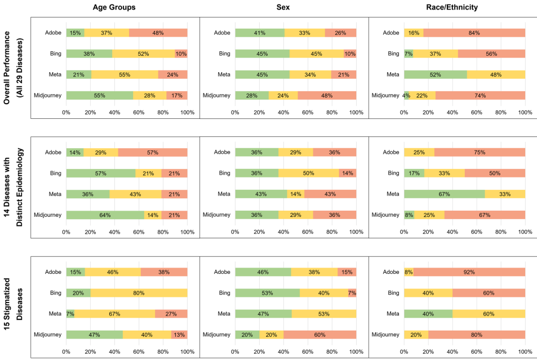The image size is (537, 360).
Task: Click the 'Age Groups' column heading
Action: pyautogui.click(x=114, y=7)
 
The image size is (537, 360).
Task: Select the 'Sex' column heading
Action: pyautogui.click(x=283, y=7)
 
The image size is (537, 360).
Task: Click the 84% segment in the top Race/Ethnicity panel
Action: pyautogui.click(x=474, y=33)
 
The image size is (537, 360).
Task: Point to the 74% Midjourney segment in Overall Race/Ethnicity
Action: pyautogui.click(x=480, y=95)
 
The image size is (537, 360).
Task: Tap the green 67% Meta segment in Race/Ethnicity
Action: pyautogui.click(x=444, y=194)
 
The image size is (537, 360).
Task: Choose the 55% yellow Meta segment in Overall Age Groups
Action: pyautogui.click(x=125, y=74)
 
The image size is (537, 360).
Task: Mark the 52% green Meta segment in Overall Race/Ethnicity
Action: pyautogui.click(x=435, y=74)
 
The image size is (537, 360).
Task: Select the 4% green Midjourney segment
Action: pyautogui.click(x=406, y=95)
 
